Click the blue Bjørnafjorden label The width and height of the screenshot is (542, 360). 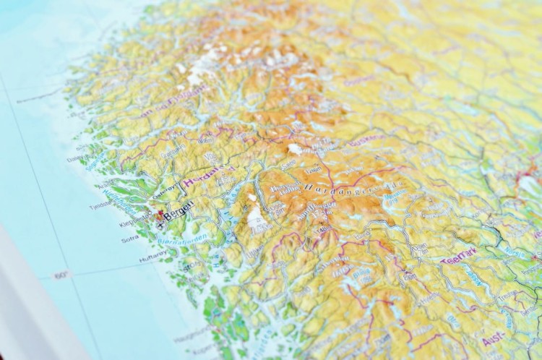point(183,238)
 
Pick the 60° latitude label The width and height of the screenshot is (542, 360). point(61,275)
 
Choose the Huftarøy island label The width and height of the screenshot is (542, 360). point(151,257)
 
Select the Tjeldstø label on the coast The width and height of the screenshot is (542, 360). point(100,205)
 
